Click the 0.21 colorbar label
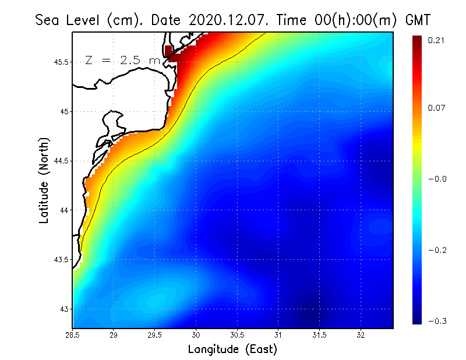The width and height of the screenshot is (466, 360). [x=437, y=40]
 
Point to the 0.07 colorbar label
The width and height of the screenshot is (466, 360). [x=437, y=108]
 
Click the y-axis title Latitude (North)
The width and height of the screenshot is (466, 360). [x=44, y=181]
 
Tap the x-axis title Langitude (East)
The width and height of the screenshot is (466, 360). [x=232, y=350]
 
